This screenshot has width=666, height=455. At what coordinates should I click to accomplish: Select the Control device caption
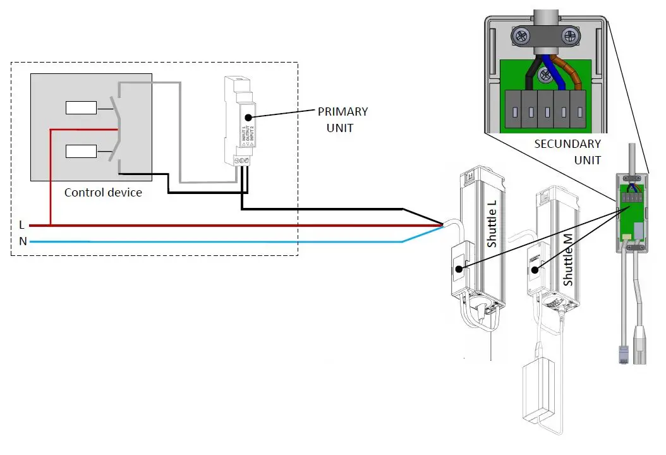pos(103,192)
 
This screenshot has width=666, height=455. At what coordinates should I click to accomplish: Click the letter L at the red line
pos(22,224)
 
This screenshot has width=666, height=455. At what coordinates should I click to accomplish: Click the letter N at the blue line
pos(22,241)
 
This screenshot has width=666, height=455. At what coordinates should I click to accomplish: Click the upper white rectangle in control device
pos(82,108)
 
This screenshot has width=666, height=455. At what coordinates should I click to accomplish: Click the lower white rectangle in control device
pos(82,151)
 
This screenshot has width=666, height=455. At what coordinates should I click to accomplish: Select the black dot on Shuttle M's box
pos(535,270)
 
